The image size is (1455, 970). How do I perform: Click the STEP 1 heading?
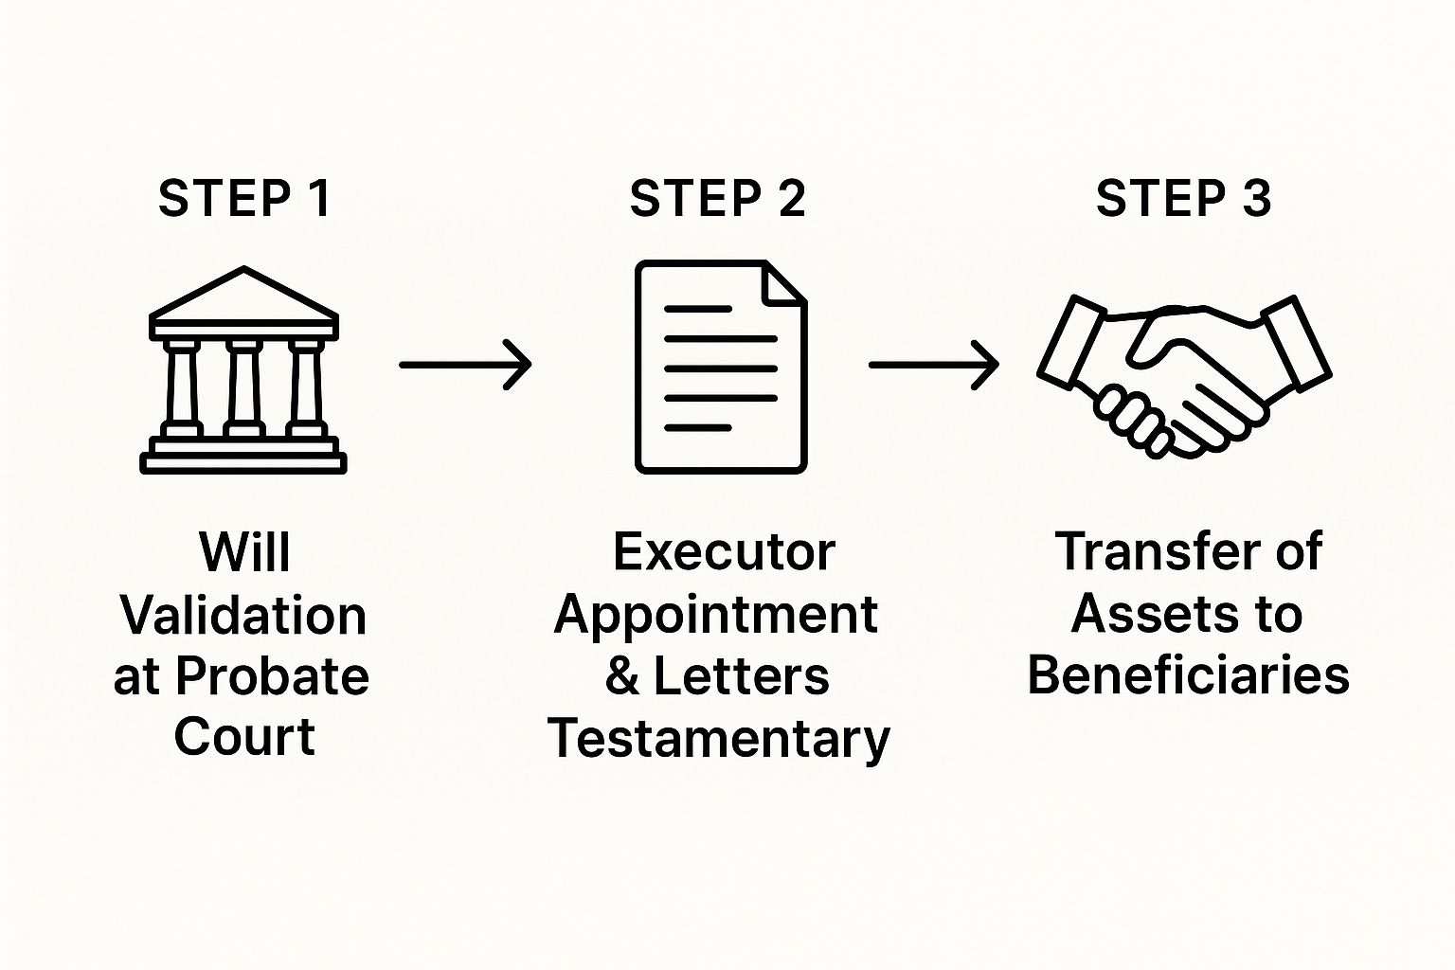[244, 199]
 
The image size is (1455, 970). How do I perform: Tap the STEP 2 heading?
[717, 199]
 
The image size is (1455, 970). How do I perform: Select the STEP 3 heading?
[1183, 199]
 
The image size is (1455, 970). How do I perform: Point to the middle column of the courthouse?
[244, 388]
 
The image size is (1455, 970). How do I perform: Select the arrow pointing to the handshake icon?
[933, 364]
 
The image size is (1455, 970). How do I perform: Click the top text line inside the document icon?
[698, 309]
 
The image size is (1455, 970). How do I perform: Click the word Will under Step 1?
[244, 552]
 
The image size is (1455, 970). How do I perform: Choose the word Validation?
[243, 616]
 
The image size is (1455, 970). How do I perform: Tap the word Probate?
[272, 677]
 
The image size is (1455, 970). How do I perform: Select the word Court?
[244, 737]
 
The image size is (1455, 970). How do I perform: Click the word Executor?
[724, 552]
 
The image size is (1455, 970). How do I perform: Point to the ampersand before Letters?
[622, 677]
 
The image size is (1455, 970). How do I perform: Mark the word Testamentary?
[719, 739]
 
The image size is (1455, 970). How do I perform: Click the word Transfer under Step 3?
[1156, 552]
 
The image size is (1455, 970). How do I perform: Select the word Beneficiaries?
[1188, 676]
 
